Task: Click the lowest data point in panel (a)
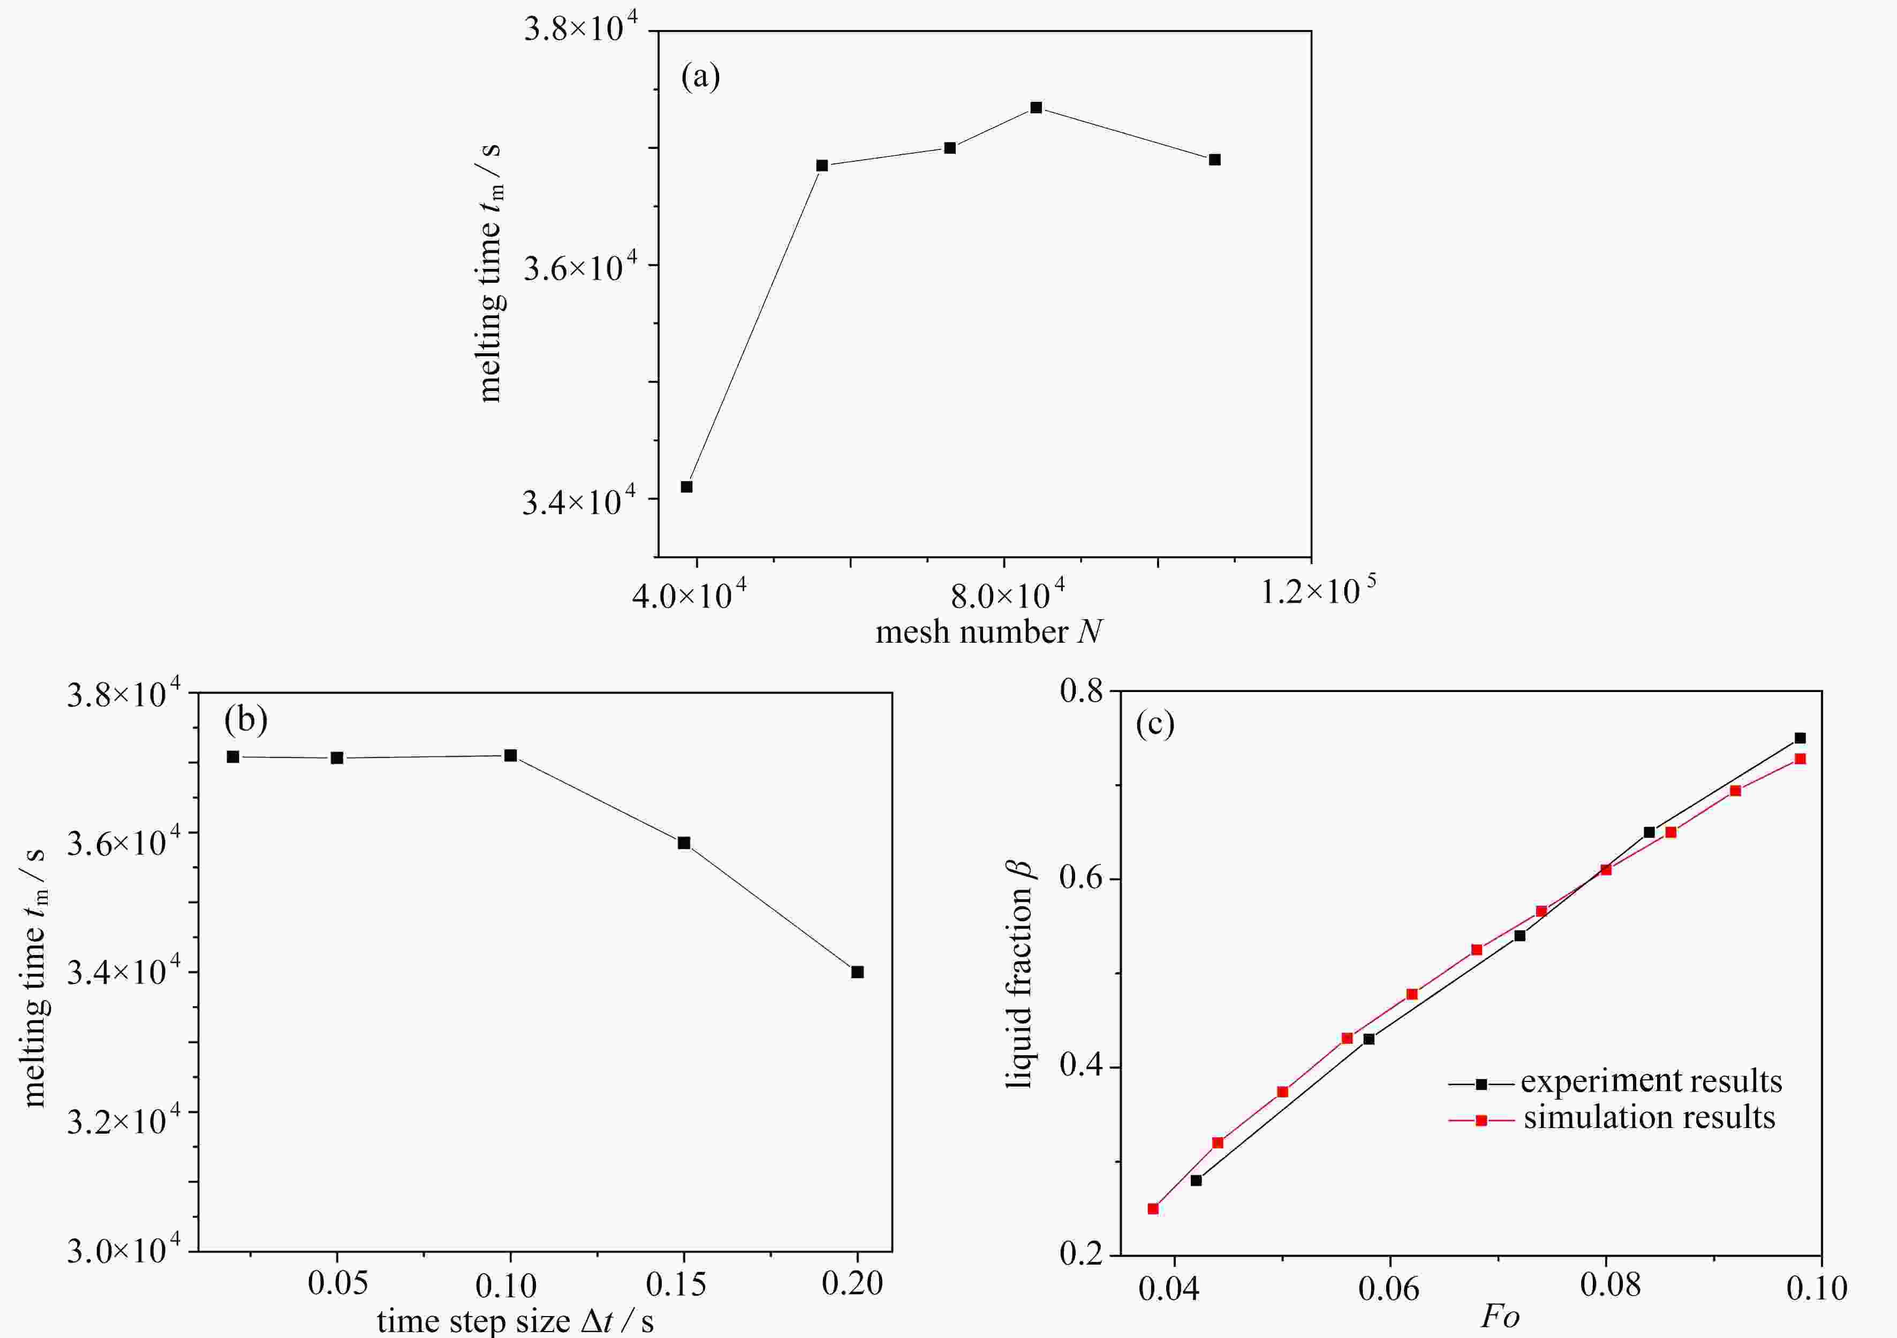coord(686,487)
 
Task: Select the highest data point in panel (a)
coord(1036,108)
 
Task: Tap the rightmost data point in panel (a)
coord(1214,160)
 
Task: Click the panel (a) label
coord(700,77)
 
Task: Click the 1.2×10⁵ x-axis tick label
coord(1317,590)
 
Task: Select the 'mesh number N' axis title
coord(989,632)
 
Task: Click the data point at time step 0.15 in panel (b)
coord(683,843)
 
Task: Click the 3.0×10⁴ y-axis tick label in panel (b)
coord(123,1250)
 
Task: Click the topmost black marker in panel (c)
coord(1800,738)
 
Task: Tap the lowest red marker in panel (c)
coord(1153,1208)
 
